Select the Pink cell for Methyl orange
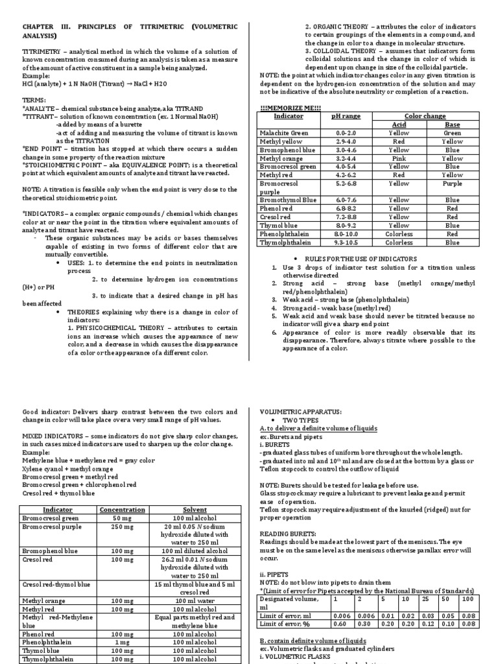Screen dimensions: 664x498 pos(399,158)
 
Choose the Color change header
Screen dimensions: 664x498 pos(425,115)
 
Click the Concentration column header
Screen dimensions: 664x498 pos(122,510)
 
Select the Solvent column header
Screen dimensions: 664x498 pos(195,510)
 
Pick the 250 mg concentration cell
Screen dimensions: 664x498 pos(122,527)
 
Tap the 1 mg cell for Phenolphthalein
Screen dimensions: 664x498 pos(122,641)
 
